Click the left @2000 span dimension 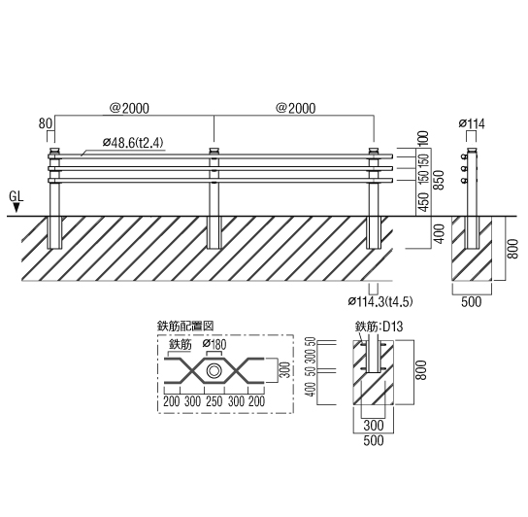[129, 109]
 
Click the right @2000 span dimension [296, 109]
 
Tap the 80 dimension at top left [45, 123]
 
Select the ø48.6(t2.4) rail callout [133, 143]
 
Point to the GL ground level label [16, 196]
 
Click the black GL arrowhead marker [16, 208]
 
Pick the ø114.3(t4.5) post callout [380, 301]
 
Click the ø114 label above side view [472, 124]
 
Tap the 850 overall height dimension [439, 181]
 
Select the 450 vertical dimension [425, 202]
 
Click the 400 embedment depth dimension [439, 233]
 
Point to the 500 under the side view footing [471, 302]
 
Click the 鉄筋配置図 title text [185, 327]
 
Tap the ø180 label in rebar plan [214, 344]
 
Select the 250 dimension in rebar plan [214, 401]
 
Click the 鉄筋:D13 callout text [379, 327]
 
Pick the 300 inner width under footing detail [374, 426]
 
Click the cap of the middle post [214, 151]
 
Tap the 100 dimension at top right [424, 138]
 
